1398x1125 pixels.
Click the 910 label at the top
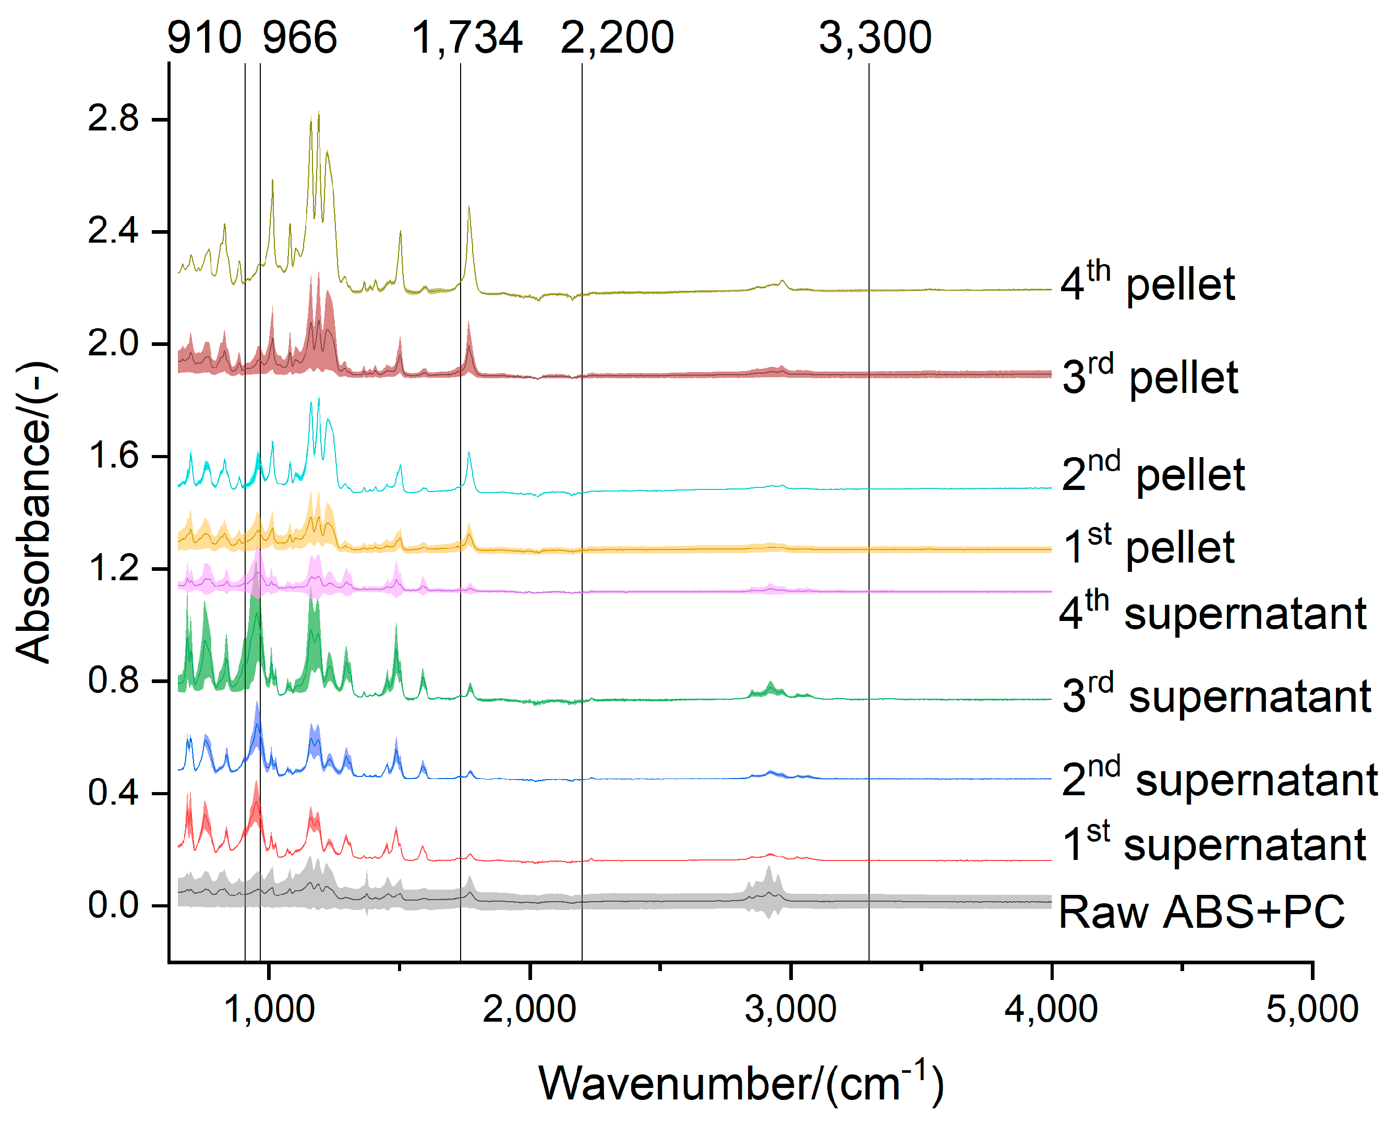[x=204, y=38]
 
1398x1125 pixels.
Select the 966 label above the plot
[x=299, y=38]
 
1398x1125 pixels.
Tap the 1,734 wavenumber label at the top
[x=467, y=38]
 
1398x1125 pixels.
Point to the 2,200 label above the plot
[x=617, y=38]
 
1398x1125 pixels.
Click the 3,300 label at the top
[x=875, y=38]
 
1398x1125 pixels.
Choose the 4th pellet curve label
[x=1148, y=283]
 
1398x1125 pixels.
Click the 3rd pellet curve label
[x=1150, y=376]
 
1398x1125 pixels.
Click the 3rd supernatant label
[x=1216, y=696]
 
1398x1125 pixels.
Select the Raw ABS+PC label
[x=1201, y=912]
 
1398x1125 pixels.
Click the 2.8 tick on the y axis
[x=114, y=119]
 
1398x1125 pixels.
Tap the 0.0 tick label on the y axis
[x=114, y=904]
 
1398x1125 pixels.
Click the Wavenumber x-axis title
[x=741, y=1083]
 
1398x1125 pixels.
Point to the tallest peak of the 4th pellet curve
[x=318, y=112]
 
